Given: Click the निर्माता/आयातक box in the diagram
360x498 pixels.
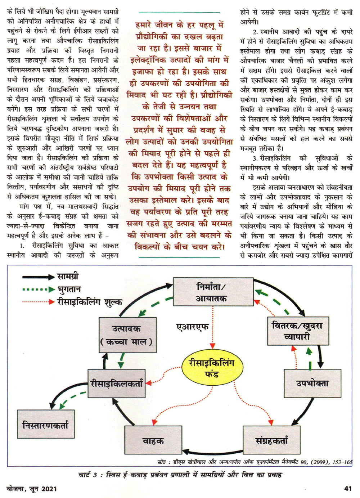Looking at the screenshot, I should coord(211,292).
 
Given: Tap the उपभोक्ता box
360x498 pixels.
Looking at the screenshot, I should coord(312,383).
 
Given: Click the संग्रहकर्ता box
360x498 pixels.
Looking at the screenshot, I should coord(271,440).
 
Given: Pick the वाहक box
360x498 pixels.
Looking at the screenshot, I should coord(153,440).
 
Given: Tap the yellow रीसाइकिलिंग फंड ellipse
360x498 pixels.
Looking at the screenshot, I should coord(212,368).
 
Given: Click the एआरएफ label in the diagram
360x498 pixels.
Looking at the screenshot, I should coord(192,327).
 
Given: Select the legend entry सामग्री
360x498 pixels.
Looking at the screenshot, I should coord(68,277).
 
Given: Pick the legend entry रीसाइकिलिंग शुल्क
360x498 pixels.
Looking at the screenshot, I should coord(90,302).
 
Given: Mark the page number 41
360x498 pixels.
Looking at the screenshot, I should coord(347,489).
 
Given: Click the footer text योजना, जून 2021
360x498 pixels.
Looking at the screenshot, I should coord(32,489).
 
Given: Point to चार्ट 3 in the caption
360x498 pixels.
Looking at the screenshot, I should coord(88,475).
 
